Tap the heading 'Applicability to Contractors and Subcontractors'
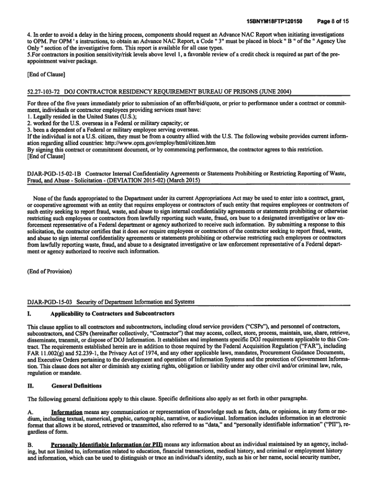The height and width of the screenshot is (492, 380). coord(106,313)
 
